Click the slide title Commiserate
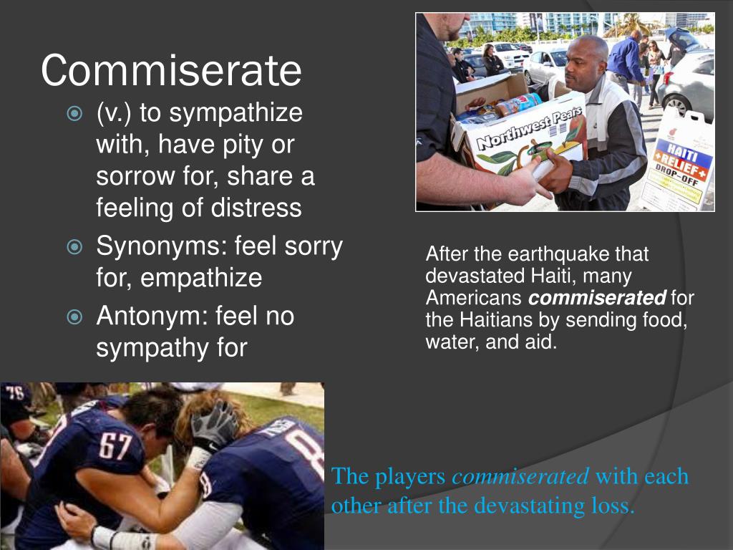tap(171, 70)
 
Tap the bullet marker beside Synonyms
tap(74, 248)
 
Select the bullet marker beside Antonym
tap(74, 317)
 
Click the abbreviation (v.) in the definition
tap(115, 112)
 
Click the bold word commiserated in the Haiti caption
tap(597, 298)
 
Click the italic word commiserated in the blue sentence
tap(520, 476)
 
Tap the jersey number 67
tap(115, 446)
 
